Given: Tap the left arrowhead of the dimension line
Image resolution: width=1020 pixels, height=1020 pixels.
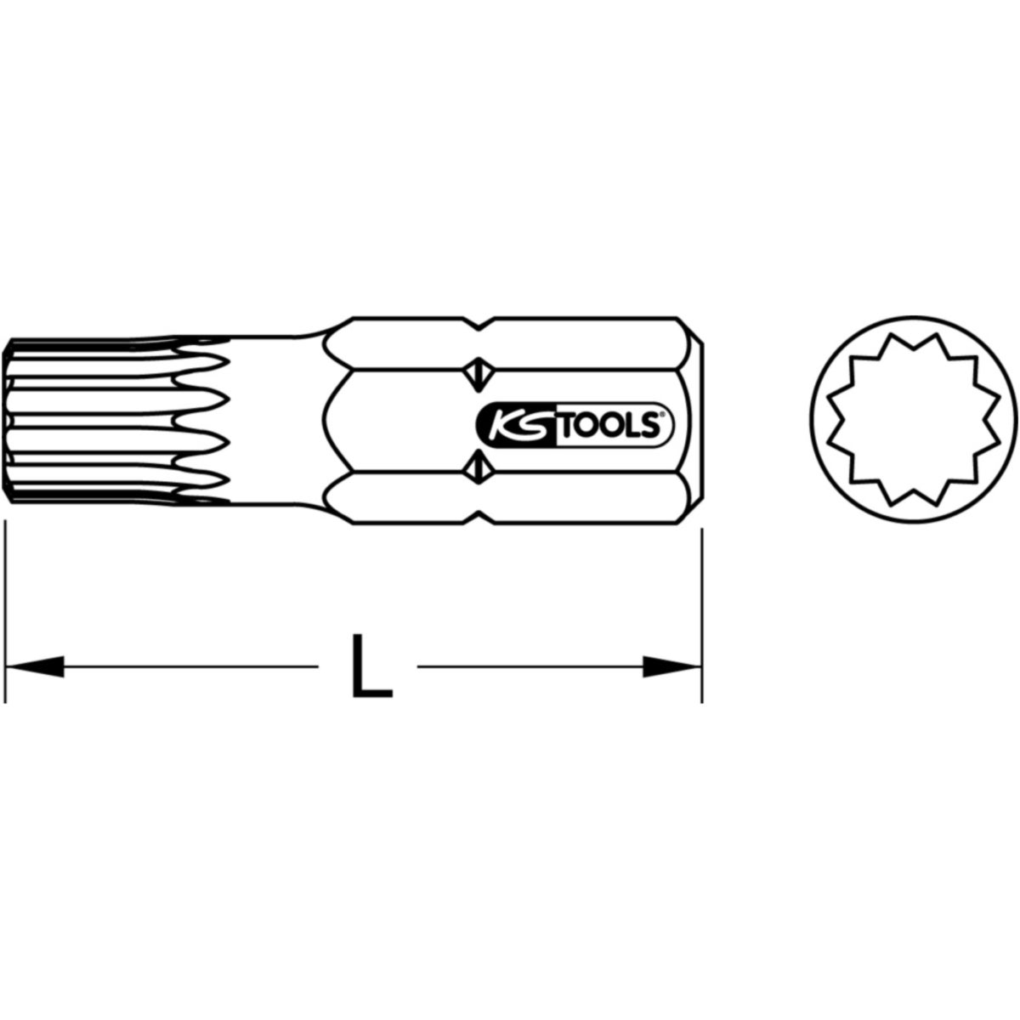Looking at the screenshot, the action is pyautogui.click(x=34, y=666).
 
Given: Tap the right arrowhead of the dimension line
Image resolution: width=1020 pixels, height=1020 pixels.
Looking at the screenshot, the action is pyautogui.click(x=672, y=666).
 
